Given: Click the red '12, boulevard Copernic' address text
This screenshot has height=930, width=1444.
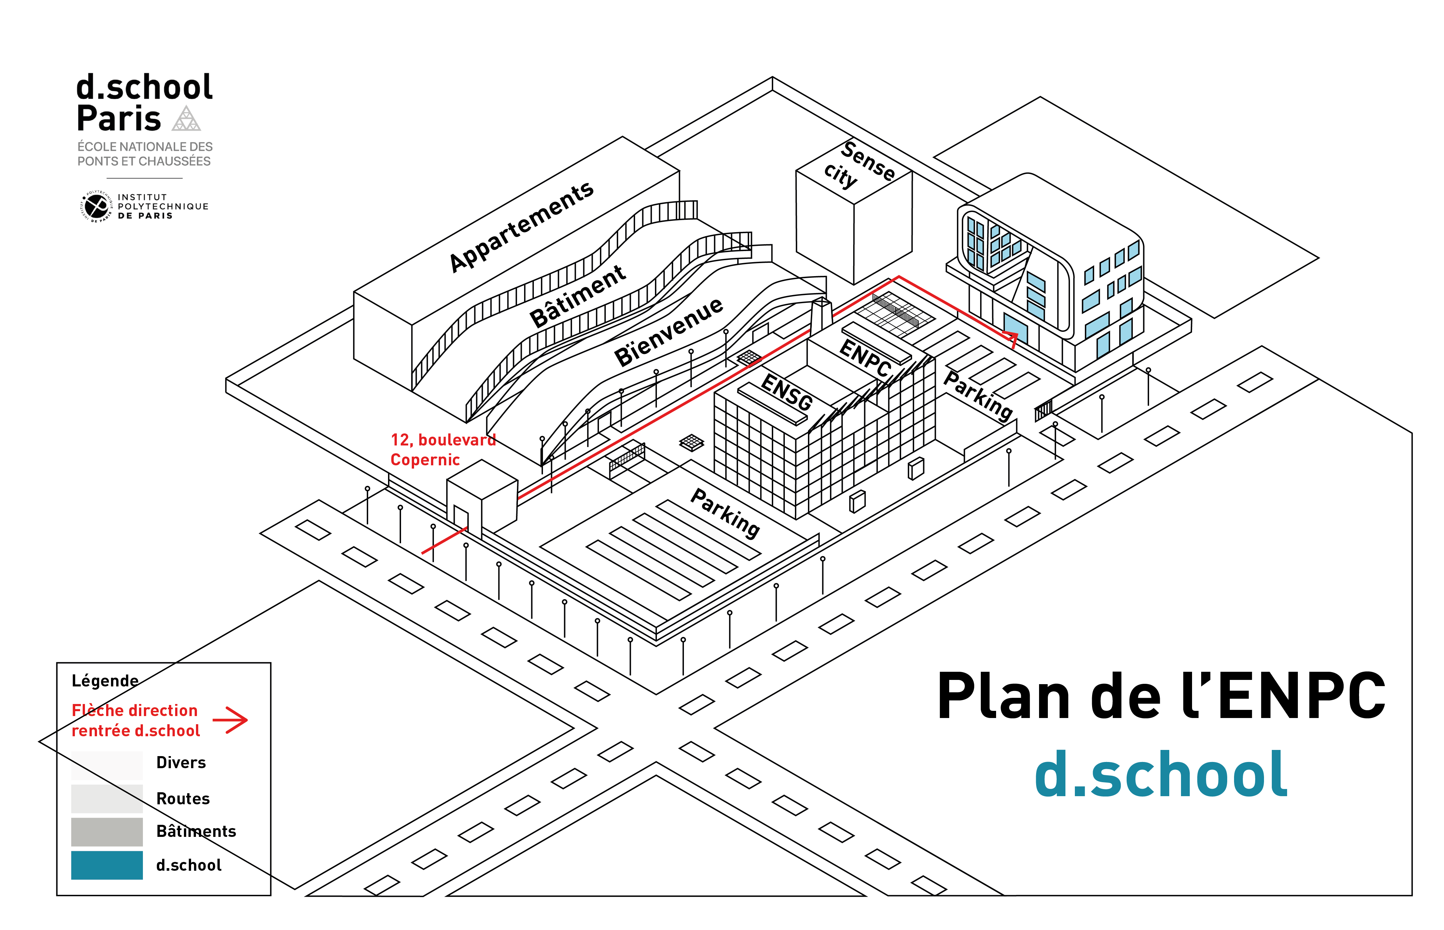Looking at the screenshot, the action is point(442,449).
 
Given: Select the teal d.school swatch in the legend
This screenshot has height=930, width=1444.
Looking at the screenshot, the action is point(107,865).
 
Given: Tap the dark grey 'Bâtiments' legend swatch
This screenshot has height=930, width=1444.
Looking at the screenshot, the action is point(107,832).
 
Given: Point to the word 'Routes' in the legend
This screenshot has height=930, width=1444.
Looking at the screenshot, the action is point(183,798).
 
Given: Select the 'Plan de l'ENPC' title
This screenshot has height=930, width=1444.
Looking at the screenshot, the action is point(1160,696).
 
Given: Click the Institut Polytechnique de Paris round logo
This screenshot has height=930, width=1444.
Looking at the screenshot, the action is point(97,206).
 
